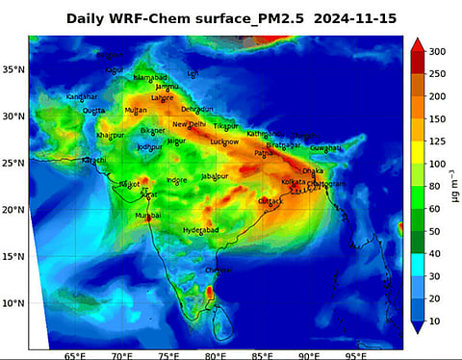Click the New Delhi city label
pos(190,124)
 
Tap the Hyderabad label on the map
pos(201,230)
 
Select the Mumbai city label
pos(148,216)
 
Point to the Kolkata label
pos(293,181)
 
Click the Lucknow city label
pos(224,141)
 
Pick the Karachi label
pos(93,160)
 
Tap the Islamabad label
pos(150,77)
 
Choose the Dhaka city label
pos(314,170)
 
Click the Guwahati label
pos(325,148)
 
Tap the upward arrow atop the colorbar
pos(417,43)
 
